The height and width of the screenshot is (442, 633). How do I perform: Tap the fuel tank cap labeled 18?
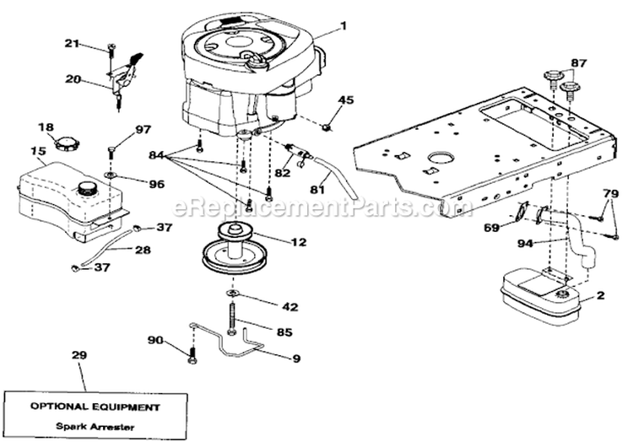click(x=66, y=142)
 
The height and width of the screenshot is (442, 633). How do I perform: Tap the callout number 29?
click(x=79, y=357)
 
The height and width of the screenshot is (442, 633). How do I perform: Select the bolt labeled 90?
click(x=192, y=347)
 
